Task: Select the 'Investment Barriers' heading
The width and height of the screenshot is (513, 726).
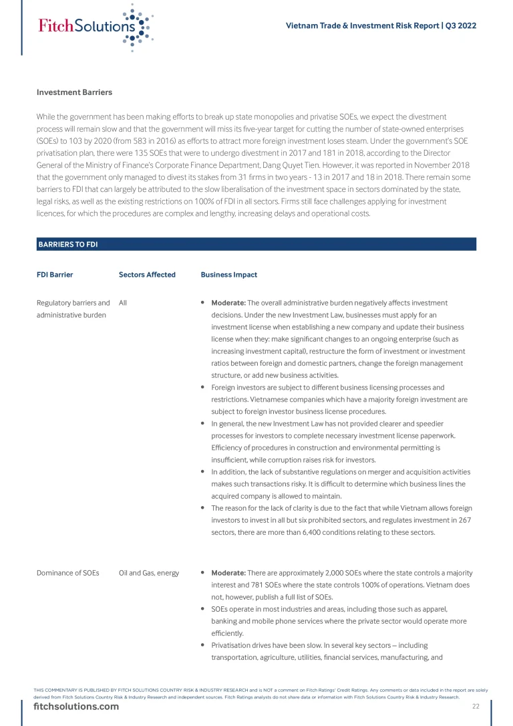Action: point(74,92)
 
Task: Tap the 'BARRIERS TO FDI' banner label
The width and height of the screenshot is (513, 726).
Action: point(68,245)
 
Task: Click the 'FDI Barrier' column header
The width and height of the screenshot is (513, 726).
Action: point(55,275)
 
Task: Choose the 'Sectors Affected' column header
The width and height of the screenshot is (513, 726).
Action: point(147,275)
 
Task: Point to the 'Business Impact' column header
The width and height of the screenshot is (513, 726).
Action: point(228,275)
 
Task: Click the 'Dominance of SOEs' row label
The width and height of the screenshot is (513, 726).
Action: point(67,573)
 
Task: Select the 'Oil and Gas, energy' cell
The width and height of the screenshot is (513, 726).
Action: point(149,573)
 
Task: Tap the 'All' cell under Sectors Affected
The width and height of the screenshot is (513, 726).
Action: point(123,303)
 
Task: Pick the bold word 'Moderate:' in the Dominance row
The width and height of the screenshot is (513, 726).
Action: point(228,573)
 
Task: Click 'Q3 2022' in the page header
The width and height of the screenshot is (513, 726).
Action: point(461,25)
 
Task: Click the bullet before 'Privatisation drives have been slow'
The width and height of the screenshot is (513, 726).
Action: point(202,646)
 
